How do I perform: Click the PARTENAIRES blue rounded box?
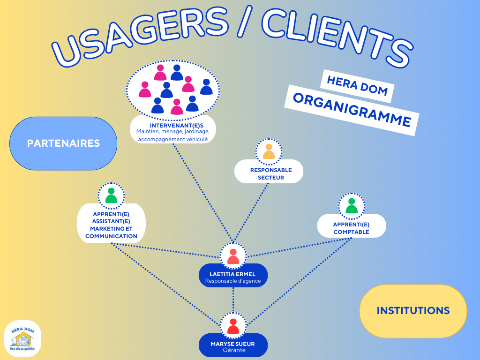point(63,143)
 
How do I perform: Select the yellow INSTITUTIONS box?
point(413,311)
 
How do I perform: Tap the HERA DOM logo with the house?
point(22,338)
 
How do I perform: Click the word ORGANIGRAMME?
point(352,110)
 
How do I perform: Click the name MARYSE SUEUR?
point(233,344)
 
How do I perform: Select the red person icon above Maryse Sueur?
point(233,326)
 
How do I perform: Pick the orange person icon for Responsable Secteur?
point(269,151)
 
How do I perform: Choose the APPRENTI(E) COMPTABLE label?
point(352,228)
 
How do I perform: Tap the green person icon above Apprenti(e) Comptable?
point(352,206)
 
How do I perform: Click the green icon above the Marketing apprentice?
point(111,195)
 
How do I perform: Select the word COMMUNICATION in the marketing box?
point(111,236)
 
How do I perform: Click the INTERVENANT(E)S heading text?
point(173,125)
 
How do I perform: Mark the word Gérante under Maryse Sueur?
point(233,351)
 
